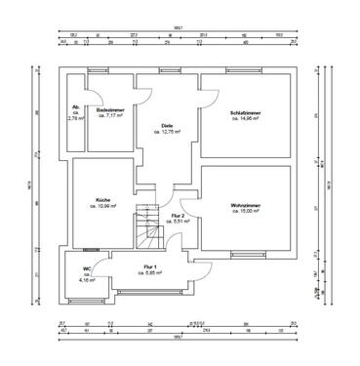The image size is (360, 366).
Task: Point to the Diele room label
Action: pyautogui.click(x=167, y=125)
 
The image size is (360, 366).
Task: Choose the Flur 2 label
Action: pyautogui.click(x=178, y=215)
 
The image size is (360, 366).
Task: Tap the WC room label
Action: pyautogui.click(x=87, y=267)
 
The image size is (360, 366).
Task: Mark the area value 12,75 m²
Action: pyautogui.click(x=167, y=132)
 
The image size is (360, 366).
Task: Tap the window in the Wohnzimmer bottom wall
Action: pyautogui.click(x=241, y=257)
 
